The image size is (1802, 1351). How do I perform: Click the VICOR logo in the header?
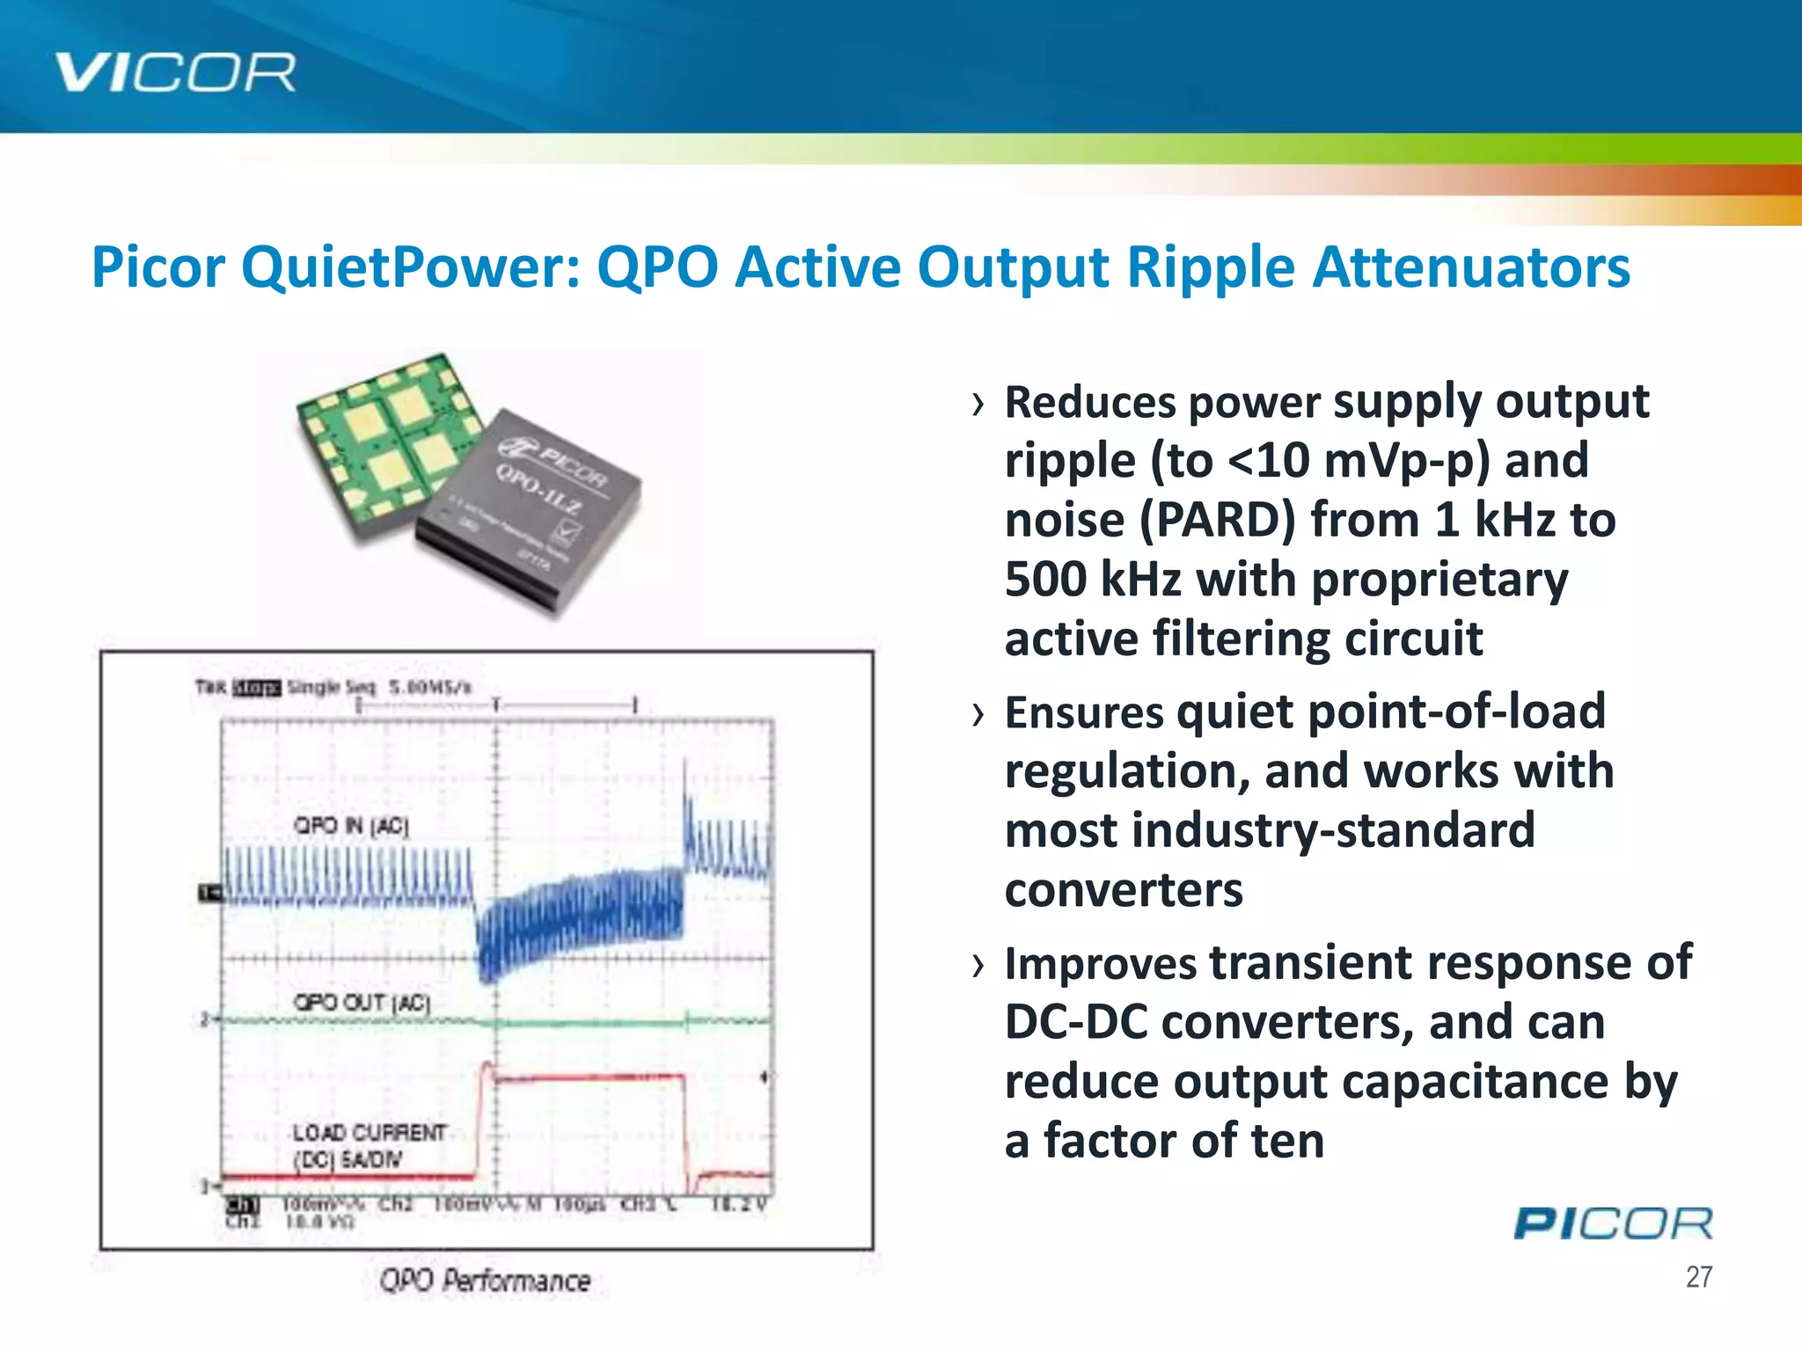pos(175,72)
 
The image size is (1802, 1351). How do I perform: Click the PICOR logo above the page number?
pos(1613,1223)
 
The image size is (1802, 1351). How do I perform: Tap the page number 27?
pos(1698,1277)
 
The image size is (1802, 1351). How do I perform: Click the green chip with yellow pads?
pos(387,444)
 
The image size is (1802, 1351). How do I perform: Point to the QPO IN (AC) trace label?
pos(351,825)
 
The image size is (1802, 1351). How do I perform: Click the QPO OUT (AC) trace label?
pos(362,1003)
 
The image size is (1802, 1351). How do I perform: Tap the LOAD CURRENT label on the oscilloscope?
pos(369,1132)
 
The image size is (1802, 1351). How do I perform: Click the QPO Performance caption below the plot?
pos(485,1281)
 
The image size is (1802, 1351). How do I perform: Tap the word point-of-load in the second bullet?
pos(1391,712)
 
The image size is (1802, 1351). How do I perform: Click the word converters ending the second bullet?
pos(1124,890)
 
